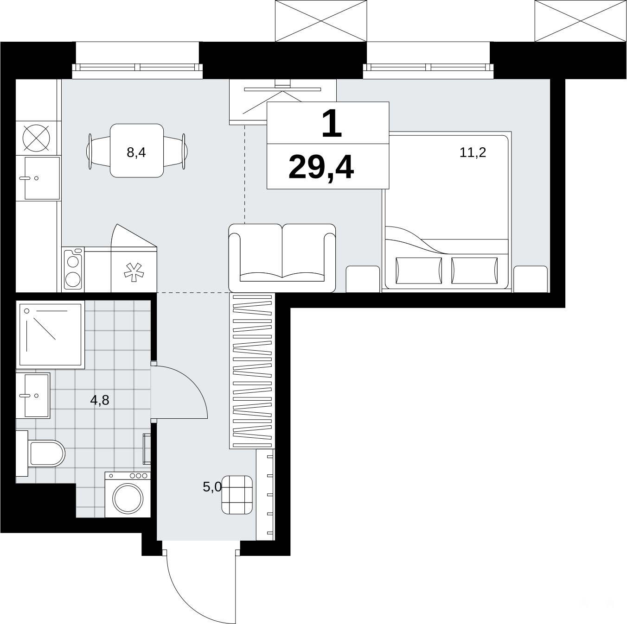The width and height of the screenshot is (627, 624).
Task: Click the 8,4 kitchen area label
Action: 136,152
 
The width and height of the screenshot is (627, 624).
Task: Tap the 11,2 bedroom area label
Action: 473,152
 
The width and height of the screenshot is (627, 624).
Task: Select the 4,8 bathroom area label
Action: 100,400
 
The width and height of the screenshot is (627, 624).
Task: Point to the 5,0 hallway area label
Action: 212,487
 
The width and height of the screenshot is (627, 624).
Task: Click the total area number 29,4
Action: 321,167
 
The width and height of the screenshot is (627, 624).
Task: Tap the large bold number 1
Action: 332,124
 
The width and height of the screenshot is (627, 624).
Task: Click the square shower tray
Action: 51,334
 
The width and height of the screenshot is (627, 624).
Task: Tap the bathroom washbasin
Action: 33,396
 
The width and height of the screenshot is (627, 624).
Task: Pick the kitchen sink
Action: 38,178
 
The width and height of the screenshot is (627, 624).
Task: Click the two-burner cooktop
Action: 72,269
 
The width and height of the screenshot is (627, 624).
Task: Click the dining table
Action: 137,151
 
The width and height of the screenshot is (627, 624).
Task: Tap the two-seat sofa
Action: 282,258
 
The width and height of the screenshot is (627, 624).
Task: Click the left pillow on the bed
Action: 419,271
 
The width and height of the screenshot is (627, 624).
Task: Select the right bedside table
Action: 531,279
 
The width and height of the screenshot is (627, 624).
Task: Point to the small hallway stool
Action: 237,495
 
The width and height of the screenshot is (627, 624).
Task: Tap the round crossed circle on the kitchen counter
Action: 37,138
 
